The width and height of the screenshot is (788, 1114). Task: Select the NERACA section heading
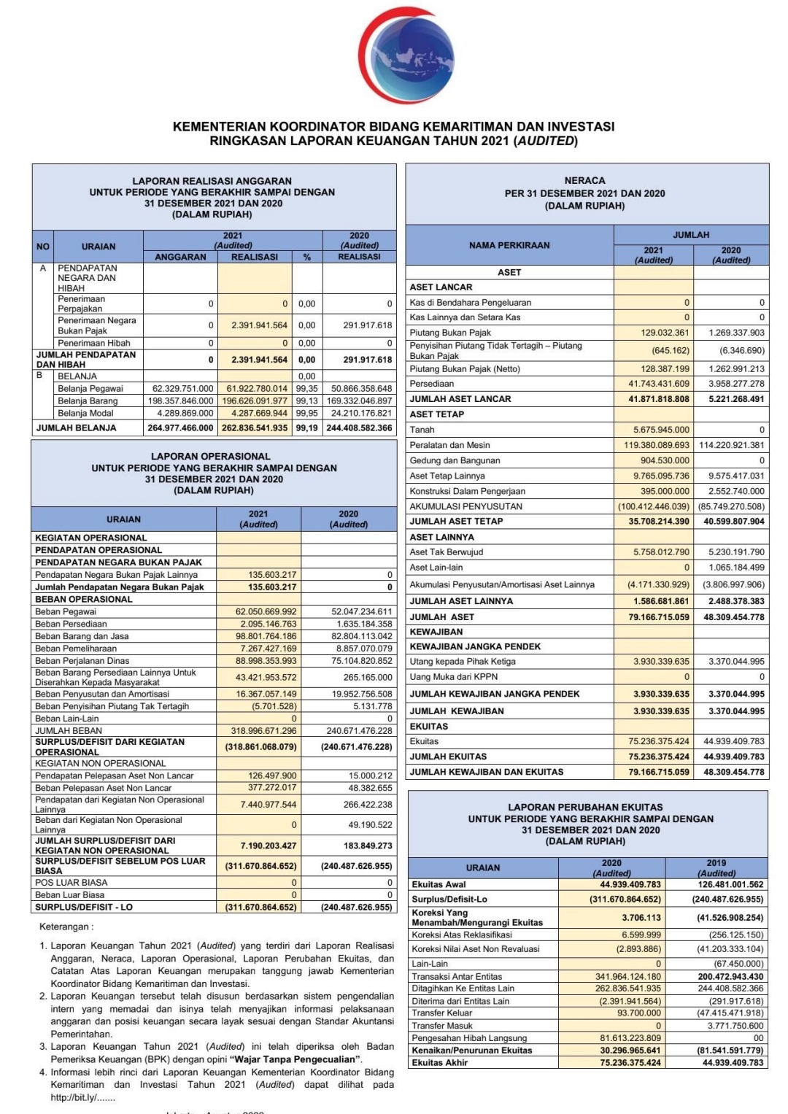tap(584, 180)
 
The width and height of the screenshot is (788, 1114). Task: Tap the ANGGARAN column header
tap(180, 257)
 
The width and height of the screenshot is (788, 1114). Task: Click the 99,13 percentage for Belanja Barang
tap(306, 401)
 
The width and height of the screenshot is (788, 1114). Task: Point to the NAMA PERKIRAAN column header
tap(509, 245)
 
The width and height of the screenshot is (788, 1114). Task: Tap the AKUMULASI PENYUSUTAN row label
tap(466, 506)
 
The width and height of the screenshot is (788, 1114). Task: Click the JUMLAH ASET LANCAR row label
tap(460, 399)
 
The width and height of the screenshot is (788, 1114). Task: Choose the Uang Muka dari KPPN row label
tap(454, 677)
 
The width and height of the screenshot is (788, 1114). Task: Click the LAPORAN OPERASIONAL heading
tap(211, 456)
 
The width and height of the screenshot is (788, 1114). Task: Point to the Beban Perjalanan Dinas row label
tap(82, 661)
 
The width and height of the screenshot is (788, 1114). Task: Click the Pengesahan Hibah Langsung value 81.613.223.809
tap(630, 1038)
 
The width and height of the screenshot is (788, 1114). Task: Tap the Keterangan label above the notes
tap(66, 927)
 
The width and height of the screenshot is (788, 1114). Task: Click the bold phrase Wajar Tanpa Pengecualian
tap(295, 1059)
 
